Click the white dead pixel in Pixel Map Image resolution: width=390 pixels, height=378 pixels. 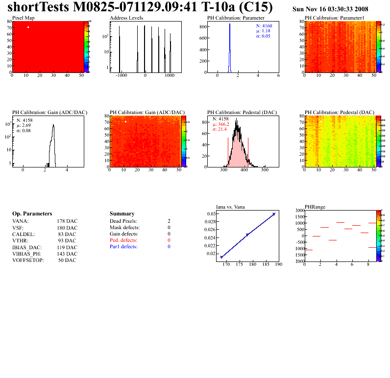point(28,27)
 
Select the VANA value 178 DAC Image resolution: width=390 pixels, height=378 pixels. point(67,221)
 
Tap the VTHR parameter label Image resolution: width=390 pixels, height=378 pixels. point(20,240)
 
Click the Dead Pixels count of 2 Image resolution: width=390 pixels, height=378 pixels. point(169,221)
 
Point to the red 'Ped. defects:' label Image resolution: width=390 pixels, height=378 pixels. point(123,240)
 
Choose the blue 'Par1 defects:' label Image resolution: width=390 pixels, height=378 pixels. point(124,247)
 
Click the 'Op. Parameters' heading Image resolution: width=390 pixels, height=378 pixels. point(32,214)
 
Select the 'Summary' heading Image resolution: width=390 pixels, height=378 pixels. point(122,214)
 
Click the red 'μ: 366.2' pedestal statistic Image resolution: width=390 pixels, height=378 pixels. point(221,124)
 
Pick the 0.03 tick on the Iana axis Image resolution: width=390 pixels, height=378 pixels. point(210,214)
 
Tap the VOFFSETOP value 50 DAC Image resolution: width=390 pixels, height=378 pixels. point(67,260)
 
